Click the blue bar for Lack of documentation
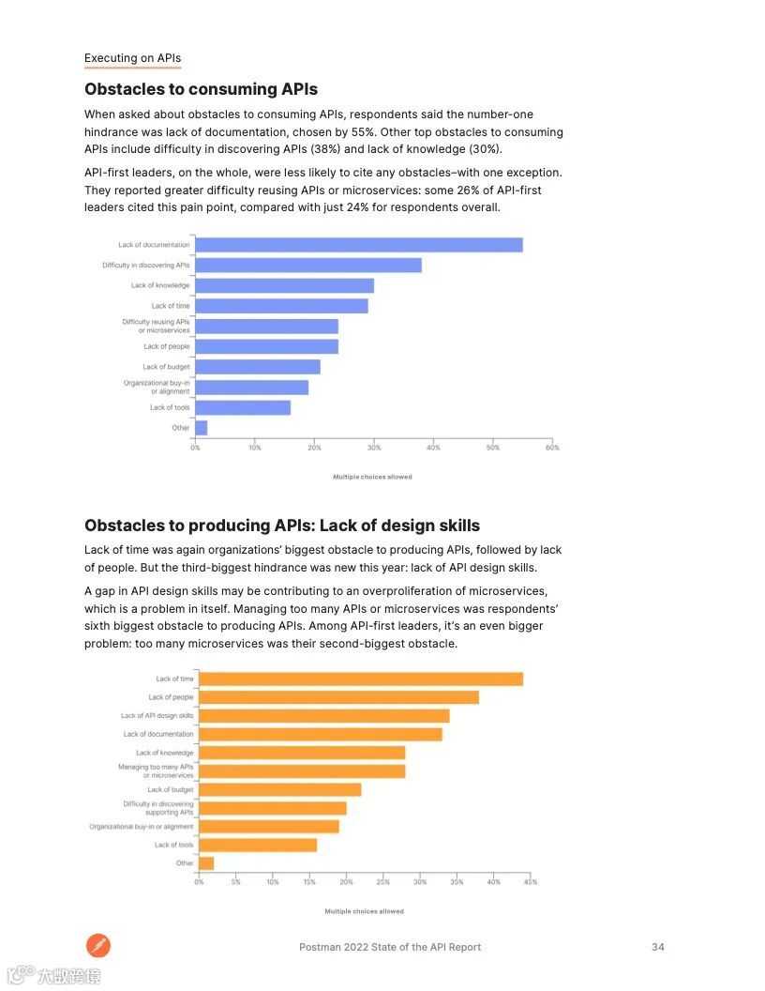point(358,245)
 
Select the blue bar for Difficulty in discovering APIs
point(307,266)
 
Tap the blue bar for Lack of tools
point(243,407)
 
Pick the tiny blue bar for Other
point(201,428)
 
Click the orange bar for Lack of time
point(361,678)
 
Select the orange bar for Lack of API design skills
point(323,716)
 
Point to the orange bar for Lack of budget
point(279,790)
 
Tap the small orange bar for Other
point(206,863)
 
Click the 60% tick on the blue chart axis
point(552,448)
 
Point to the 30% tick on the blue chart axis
point(373,448)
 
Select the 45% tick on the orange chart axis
point(531,882)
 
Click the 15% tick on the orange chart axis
point(309,882)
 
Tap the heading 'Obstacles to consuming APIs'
point(201,89)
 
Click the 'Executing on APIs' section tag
point(132,58)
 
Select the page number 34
point(658,947)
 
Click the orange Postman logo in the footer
point(98,946)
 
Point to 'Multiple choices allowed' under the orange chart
point(365,911)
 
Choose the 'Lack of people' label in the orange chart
point(171,697)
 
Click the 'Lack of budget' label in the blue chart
point(166,367)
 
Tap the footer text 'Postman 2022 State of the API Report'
point(390,947)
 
